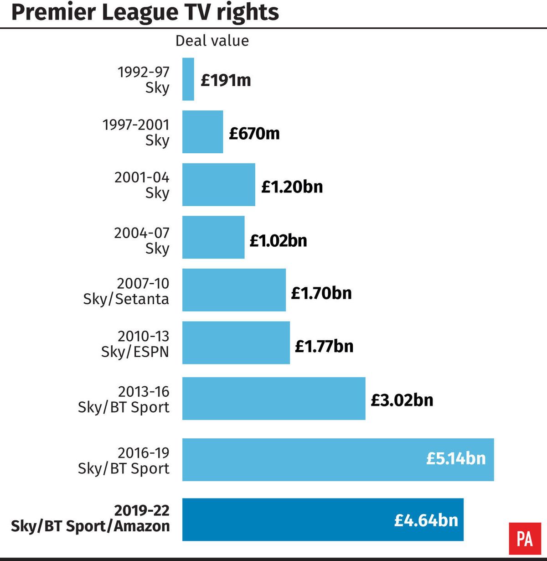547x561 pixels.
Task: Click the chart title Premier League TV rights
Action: click(x=145, y=12)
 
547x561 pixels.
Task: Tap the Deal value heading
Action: click(x=212, y=41)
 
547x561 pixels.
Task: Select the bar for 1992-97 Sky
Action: click(x=188, y=79)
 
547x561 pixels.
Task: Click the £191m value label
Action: click(x=226, y=80)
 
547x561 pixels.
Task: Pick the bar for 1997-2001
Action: click(x=202, y=132)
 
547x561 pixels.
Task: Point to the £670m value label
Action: click(x=254, y=133)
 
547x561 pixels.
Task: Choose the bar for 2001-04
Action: click(x=218, y=185)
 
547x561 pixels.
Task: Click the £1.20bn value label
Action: click(x=292, y=187)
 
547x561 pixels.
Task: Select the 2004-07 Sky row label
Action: click(x=142, y=240)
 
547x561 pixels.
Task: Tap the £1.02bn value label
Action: click(x=278, y=240)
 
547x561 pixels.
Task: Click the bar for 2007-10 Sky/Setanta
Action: click(x=234, y=290)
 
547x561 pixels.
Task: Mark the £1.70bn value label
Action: click(x=321, y=293)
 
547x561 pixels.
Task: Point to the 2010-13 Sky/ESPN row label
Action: click(x=135, y=344)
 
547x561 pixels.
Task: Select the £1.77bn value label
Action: click(x=324, y=346)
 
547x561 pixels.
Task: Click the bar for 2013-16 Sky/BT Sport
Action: click(x=273, y=398)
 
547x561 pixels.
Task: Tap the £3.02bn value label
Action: click(x=402, y=400)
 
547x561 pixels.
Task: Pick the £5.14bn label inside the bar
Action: click(x=456, y=458)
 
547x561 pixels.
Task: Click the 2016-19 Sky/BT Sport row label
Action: click(x=124, y=461)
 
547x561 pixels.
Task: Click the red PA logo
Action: click(x=525, y=539)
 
